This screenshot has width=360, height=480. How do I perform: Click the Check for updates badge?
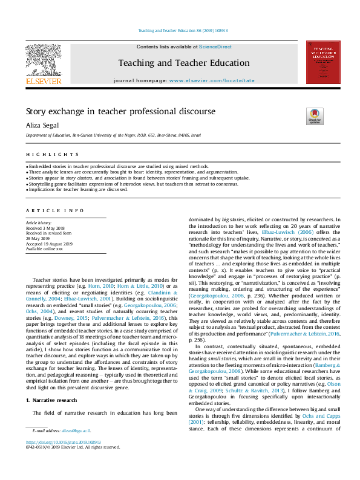315,115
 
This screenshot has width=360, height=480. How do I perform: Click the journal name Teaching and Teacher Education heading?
183,62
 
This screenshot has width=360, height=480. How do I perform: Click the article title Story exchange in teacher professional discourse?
112,111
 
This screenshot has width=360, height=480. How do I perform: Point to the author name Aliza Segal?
42,125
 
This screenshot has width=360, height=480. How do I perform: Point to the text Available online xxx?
44,248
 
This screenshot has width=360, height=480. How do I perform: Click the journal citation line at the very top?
180,31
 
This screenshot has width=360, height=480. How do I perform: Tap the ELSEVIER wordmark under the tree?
44,81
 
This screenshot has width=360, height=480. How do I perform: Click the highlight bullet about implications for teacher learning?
77,189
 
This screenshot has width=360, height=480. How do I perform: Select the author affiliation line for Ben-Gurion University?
113,137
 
